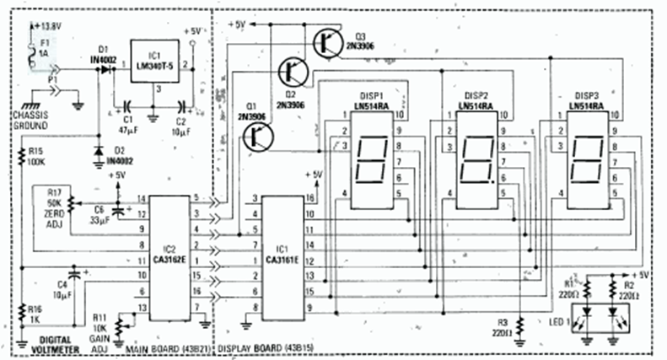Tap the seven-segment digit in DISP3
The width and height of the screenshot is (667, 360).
[585, 159]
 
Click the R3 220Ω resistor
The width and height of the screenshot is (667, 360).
[520, 324]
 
